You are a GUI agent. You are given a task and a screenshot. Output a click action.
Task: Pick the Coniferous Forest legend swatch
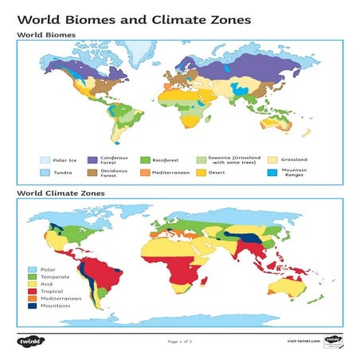click(92, 159)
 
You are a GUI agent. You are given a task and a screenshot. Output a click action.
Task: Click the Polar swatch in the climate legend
click(32, 270)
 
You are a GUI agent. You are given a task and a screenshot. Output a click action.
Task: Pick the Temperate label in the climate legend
click(53, 277)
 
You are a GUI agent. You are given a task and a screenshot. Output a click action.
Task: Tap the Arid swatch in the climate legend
click(32, 284)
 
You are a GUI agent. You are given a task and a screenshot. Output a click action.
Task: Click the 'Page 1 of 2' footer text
click(179, 341)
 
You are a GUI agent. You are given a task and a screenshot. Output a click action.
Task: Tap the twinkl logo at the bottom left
click(28, 341)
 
